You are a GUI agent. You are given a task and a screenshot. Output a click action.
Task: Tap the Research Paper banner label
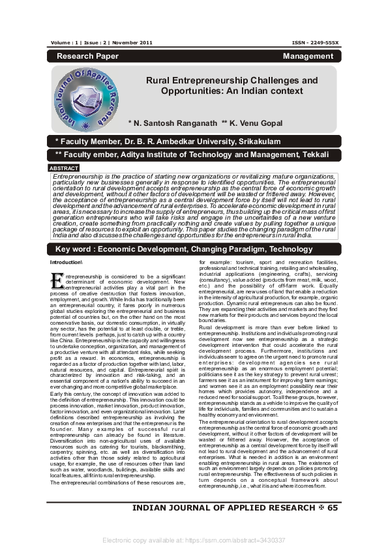click(x=85, y=57)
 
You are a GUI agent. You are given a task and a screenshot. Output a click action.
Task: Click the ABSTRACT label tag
click(x=64, y=168)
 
